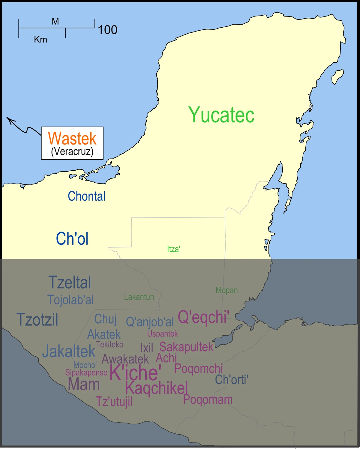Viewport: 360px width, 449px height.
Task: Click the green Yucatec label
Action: click(221, 115)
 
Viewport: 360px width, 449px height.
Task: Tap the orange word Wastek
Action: click(72, 138)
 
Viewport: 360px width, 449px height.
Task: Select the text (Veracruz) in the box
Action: click(72, 151)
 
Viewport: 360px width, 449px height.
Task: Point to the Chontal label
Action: click(86, 196)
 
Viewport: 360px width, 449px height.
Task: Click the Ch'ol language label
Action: click(72, 239)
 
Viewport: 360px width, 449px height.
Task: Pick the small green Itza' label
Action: click(173, 249)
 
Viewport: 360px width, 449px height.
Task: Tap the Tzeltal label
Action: click(70, 282)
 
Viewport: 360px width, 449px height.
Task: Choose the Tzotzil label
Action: click(37, 319)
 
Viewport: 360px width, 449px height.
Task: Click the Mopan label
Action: click(226, 290)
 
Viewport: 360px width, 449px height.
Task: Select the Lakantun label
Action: click(139, 297)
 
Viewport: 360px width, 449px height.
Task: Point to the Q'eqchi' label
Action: click(203, 317)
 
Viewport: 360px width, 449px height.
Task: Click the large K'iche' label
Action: click(135, 373)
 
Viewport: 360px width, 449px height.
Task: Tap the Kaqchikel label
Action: click(157, 388)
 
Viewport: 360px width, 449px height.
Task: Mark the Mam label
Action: click(84, 384)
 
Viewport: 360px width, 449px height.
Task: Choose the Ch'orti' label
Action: click(231, 380)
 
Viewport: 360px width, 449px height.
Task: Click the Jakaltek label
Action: click(69, 351)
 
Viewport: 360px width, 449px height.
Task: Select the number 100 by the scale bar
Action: click(107, 30)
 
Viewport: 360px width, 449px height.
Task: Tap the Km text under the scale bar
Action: click(40, 40)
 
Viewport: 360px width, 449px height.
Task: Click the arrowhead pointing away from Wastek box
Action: click(10, 121)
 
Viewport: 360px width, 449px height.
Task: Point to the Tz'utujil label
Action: click(114, 401)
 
